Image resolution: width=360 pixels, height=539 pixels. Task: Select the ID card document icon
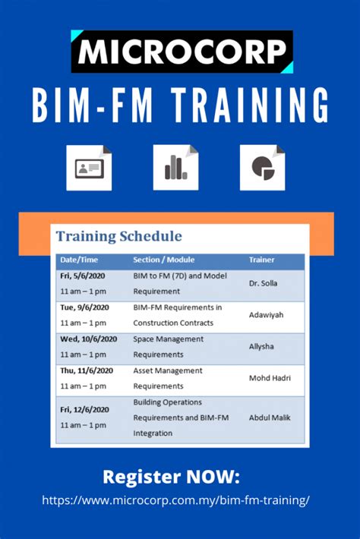click(x=89, y=167)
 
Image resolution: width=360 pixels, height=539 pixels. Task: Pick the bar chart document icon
click(x=175, y=167)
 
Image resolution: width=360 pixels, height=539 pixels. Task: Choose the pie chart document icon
click(x=263, y=167)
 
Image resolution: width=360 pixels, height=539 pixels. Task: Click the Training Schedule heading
click(x=118, y=236)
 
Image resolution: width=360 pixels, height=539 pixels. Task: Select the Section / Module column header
click(x=164, y=260)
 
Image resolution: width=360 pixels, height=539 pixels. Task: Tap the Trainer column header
click(x=262, y=260)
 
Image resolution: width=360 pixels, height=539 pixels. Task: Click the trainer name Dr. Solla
click(x=264, y=283)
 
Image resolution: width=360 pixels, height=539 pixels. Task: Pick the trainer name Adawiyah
click(x=266, y=314)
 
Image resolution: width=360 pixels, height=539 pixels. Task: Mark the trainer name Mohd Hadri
click(x=269, y=377)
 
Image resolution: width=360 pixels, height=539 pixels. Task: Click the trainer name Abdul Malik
click(x=270, y=417)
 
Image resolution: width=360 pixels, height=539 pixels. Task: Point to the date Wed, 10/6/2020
click(x=89, y=339)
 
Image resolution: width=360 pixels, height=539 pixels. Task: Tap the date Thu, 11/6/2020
click(x=88, y=370)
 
